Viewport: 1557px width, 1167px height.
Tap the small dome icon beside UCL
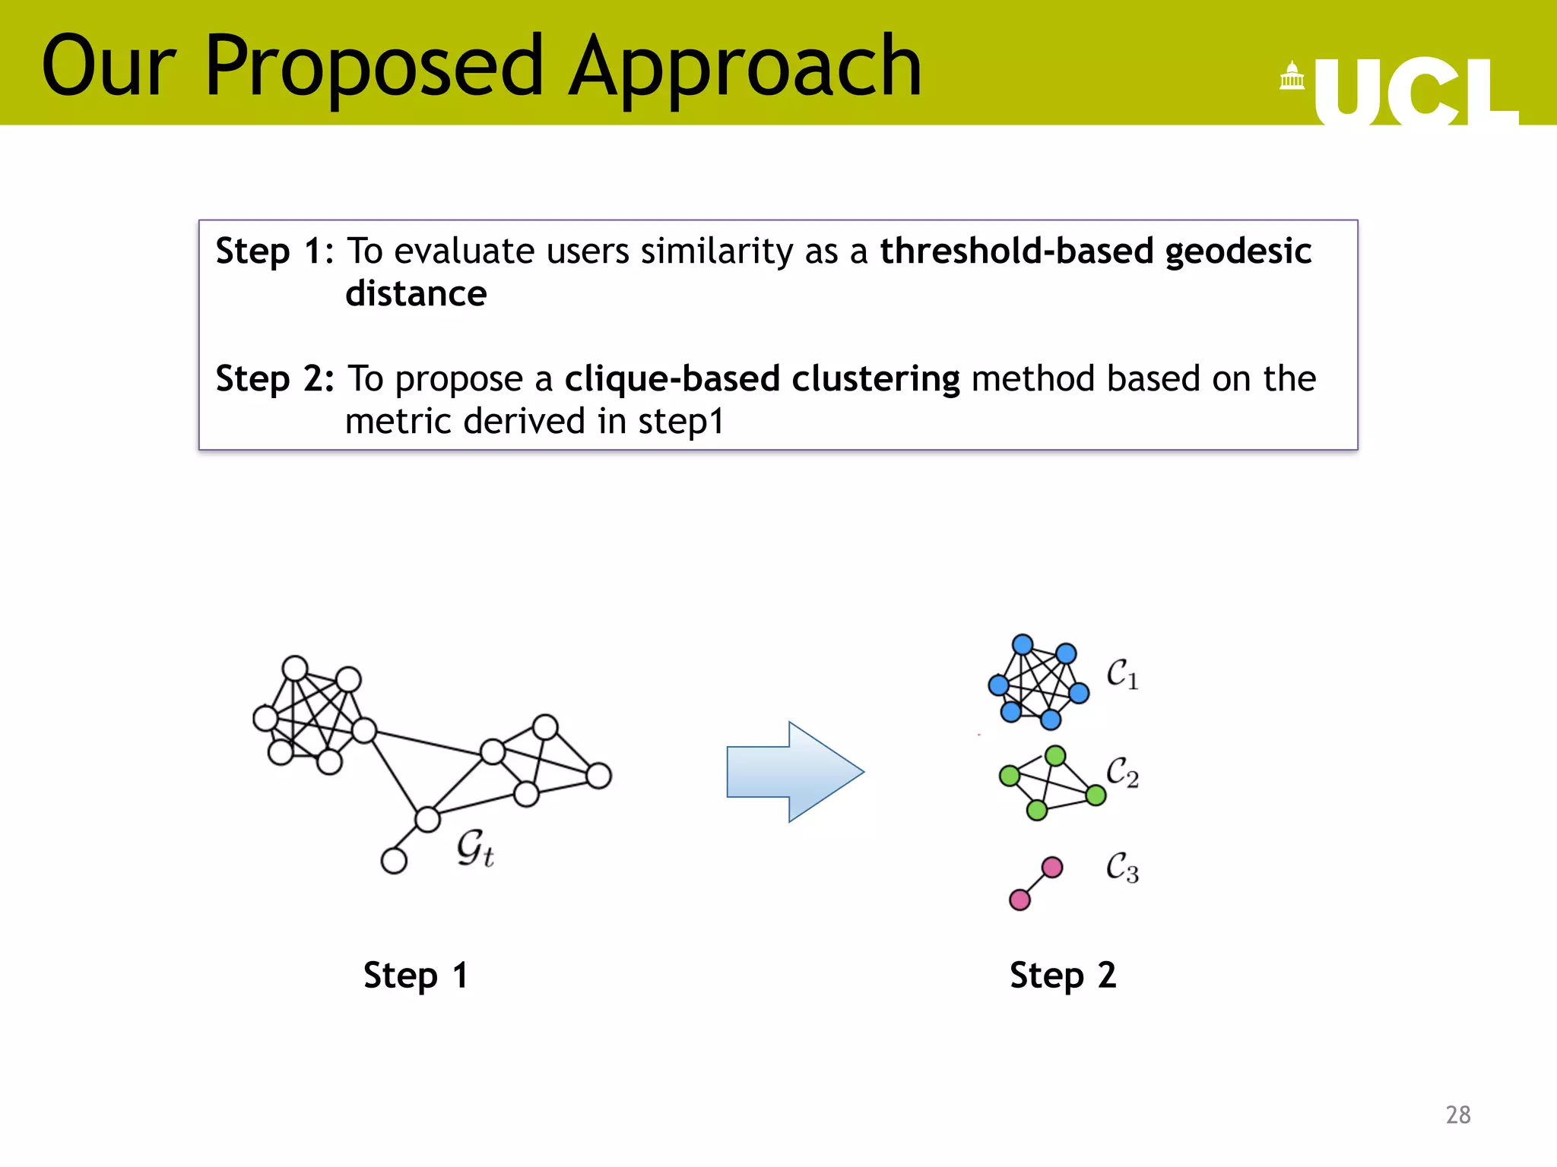(x=1292, y=76)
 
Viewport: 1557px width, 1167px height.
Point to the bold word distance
(x=416, y=294)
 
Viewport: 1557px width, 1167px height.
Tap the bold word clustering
(x=875, y=379)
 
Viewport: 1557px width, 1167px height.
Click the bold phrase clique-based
(x=672, y=379)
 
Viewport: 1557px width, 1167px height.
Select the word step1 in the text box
(x=680, y=422)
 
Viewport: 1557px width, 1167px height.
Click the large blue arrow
(x=794, y=772)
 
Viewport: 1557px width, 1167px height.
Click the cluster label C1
(x=1121, y=674)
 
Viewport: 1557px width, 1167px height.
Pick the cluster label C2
(x=1121, y=772)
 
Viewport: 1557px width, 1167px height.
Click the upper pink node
(x=1052, y=867)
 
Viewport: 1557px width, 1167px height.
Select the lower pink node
(x=1020, y=900)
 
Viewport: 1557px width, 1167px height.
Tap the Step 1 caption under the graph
(x=415, y=976)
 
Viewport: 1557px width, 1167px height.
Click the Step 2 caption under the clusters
(x=1062, y=976)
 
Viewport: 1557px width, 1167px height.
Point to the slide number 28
(x=1457, y=1115)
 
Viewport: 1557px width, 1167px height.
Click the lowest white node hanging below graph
(x=394, y=861)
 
